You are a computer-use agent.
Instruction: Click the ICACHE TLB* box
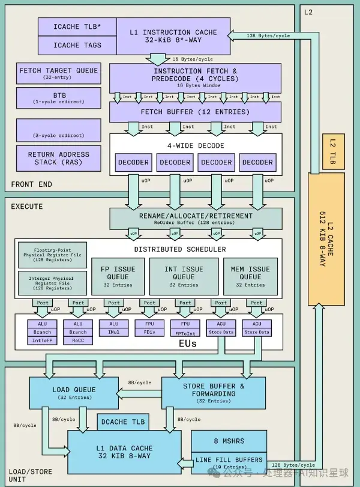coord(77,27)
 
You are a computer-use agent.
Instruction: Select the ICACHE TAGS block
coord(77,45)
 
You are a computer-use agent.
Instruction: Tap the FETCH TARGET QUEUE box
coord(58,73)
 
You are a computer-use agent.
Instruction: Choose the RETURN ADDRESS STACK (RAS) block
coord(58,158)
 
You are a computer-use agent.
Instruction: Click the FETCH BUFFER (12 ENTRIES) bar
coord(195,112)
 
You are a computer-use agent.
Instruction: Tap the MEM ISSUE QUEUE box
coord(250,276)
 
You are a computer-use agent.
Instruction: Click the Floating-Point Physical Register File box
coord(53,256)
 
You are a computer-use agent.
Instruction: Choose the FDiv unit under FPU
coord(149,332)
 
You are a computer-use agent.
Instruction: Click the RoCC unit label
coord(78,340)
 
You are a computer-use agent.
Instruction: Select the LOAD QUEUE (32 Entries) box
coord(74,393)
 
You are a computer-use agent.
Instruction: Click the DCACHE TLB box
coord(122,422)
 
